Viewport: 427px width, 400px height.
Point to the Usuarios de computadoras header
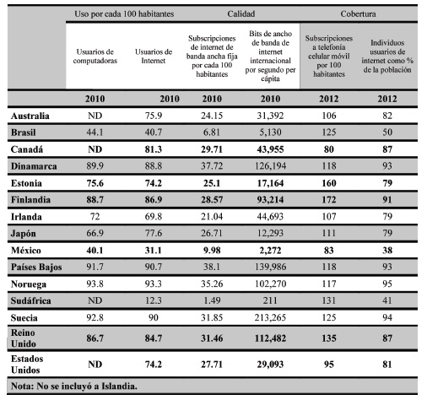tap(94, 56)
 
